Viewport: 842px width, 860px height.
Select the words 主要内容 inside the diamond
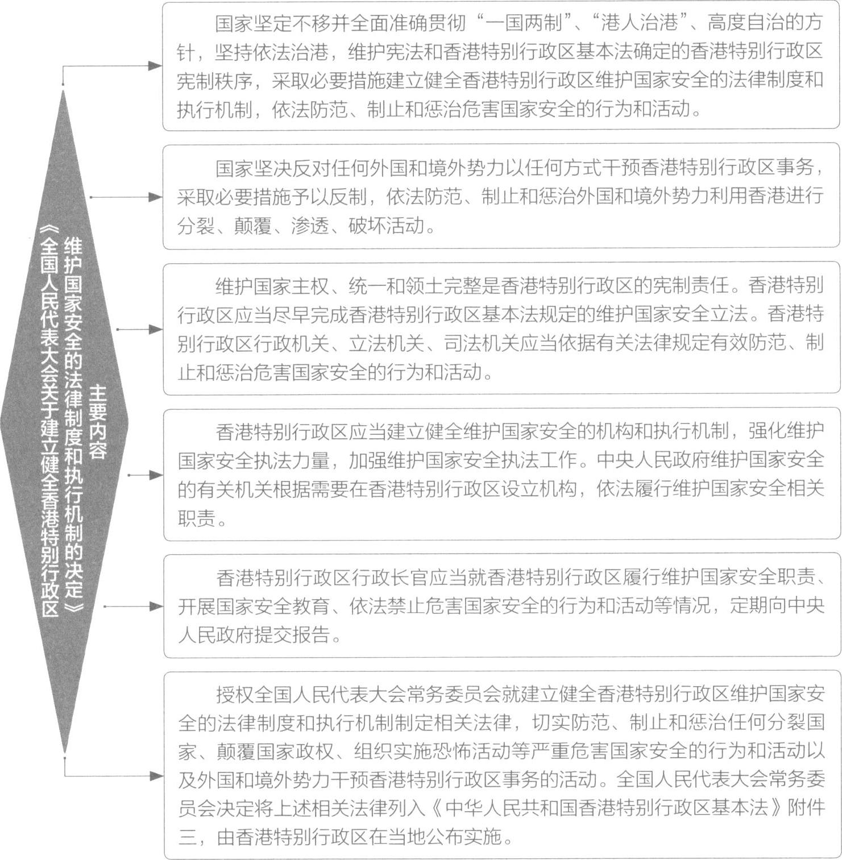click(x=98, y=421)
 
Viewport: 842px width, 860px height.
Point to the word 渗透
click(x=310, y=226)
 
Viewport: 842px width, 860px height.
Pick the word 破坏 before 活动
click(x=367, y=226)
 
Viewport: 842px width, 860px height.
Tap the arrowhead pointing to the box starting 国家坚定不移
click(x=155, y=66)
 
